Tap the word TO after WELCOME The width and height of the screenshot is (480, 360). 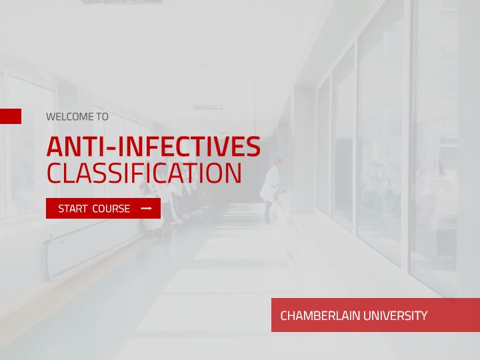click(x=103, y=117)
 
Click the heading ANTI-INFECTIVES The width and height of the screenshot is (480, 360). click(x=153, y=146)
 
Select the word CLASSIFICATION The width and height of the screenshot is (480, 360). click(x=144, y=173)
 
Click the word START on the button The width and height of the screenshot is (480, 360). click(x=73, y=209)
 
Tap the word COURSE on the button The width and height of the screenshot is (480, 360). click(x=111, y=209)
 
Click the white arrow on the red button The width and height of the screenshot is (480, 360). click(x=146, y=209)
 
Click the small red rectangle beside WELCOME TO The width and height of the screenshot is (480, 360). click(x=11, y=116)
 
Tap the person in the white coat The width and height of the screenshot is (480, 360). click(x=271, y=191)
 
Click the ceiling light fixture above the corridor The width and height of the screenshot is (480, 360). click(x=207, y=107)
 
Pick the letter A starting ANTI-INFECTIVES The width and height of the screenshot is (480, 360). click(x=56, y=147)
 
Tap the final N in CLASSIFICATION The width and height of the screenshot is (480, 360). click(x=233, y=173)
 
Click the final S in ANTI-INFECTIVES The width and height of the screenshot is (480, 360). click(x=253, y=147)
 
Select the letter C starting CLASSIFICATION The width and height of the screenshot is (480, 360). click(x=54, y=173)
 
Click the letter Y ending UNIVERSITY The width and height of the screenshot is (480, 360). click(x=423, y=315)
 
